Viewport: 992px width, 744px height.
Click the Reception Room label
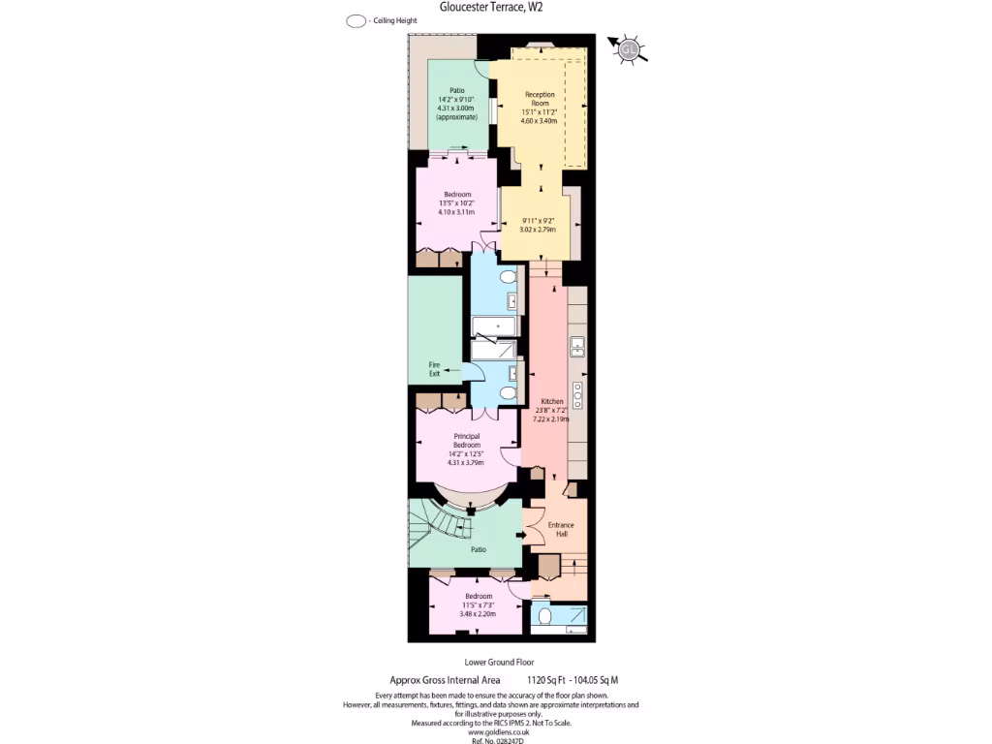pyautogui.click(x=540, y=99)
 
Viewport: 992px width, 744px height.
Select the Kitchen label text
pyautogui.click(x=552, y=401)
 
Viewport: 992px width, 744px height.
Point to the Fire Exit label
pyautogui.click(x=434, y=369)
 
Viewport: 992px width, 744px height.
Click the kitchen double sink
pyautogui.click(x=577, y=345)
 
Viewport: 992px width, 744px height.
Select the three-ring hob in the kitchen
pyautogui.click(x=577, y=394)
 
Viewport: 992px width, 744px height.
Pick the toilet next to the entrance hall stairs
pyautogui.click(x=544, y=615)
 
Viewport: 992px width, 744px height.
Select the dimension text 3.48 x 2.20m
pyautogui.click(x=479, y=614)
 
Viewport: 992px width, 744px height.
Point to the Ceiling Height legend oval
pyautogui.click(x=355, y=20)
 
